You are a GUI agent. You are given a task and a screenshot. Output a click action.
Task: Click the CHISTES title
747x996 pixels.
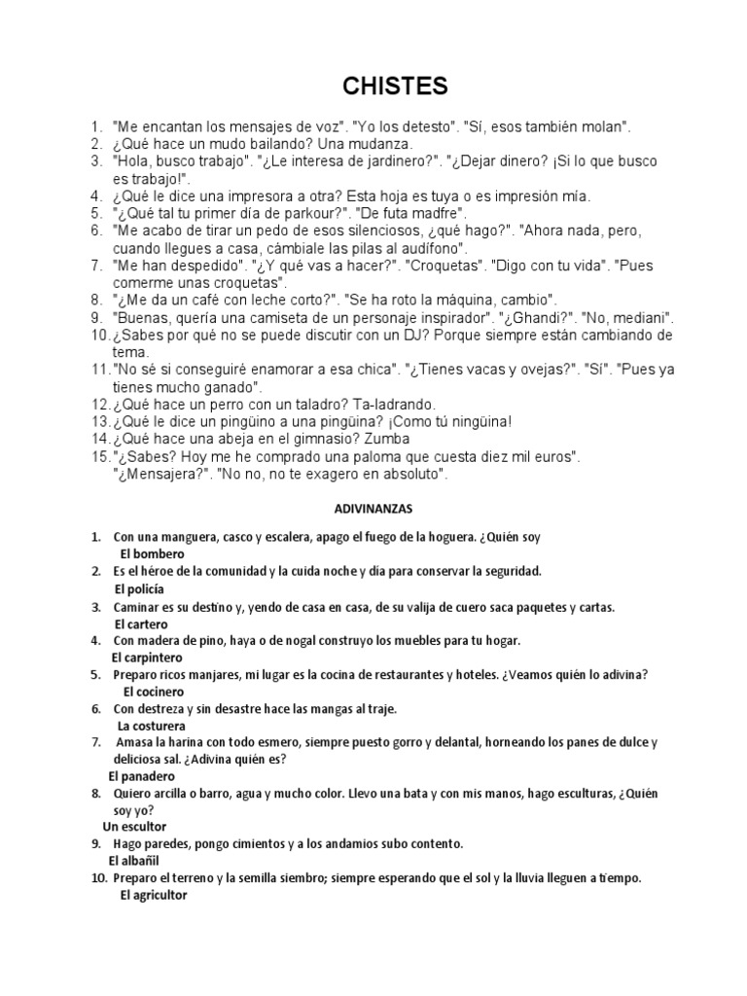tap(395, 87)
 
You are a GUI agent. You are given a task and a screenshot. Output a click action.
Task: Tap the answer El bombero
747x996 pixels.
tap(152, 553)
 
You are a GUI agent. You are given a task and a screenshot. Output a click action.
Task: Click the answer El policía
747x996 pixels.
tap(139, 588)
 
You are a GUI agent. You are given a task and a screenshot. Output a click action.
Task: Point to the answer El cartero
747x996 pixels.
tap(141, 623)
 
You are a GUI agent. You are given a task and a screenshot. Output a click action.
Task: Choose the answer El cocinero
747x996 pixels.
tap(154, 692)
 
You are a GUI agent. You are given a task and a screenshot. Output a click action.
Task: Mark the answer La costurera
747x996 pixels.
tap(152, 726)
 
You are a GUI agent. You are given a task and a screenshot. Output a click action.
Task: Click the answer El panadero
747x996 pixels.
tap(142, 776)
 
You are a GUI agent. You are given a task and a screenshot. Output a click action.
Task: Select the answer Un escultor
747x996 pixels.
tap(135, 826)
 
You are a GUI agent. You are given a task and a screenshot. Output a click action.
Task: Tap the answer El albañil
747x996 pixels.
tap(132, 861)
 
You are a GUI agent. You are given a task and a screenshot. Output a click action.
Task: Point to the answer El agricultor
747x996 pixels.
tap(154, 896)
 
